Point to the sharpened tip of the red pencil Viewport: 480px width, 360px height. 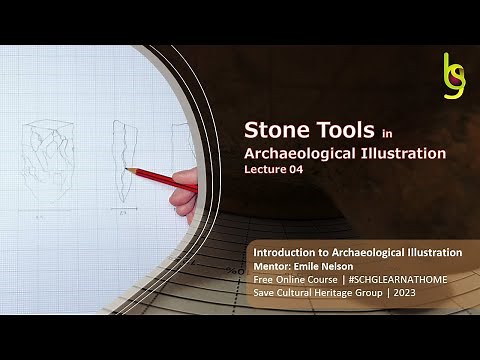tap(129, 167)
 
